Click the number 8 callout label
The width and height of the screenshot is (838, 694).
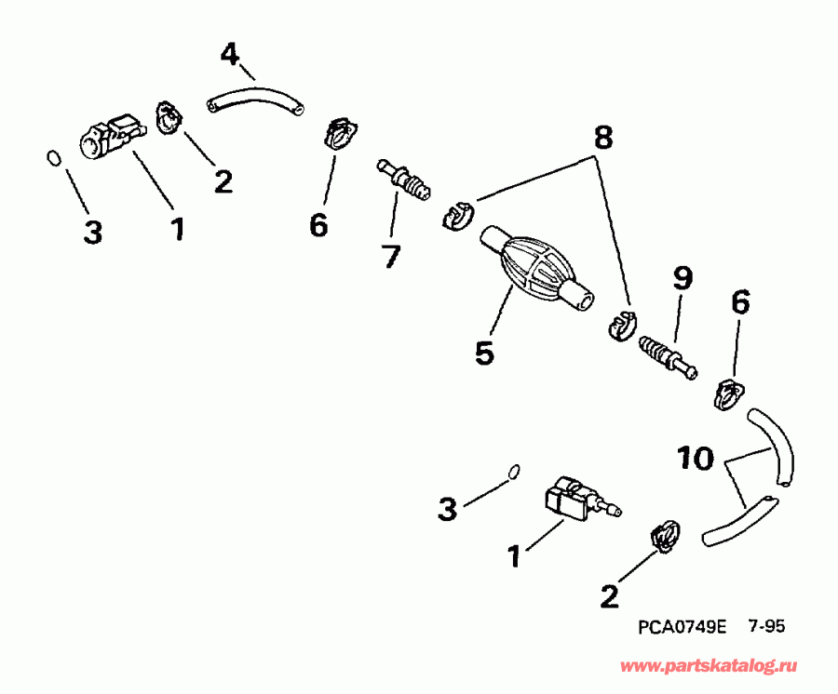(602, 138)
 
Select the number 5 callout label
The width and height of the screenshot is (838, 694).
(483, 354)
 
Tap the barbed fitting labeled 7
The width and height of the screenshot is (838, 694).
(405, 180)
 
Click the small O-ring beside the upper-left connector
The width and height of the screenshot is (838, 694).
(55, 159)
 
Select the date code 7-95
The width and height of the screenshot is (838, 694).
(766, 626)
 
